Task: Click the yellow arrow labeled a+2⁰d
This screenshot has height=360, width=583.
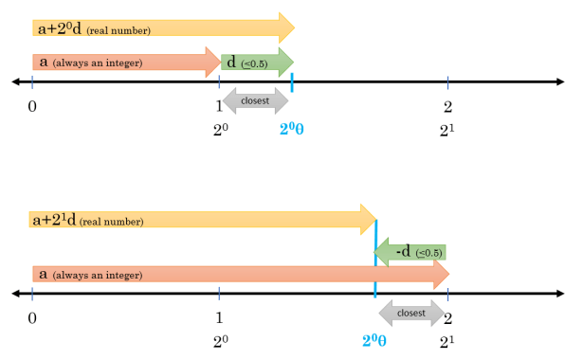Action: (161, 28)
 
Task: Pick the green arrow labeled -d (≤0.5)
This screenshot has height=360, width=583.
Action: (410, 253)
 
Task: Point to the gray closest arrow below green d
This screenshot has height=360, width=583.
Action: (255, 99)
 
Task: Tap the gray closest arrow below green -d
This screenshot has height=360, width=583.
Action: (410, 312)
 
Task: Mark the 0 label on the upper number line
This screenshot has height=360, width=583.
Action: (32, 105)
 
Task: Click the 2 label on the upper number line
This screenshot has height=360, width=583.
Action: (447, 105)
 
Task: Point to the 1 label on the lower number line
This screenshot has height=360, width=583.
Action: (220, 317)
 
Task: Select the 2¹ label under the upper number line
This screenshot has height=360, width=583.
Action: (446, 130)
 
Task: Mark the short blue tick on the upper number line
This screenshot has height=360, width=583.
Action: (292, 82)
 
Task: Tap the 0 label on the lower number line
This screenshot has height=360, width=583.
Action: (32, 317)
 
